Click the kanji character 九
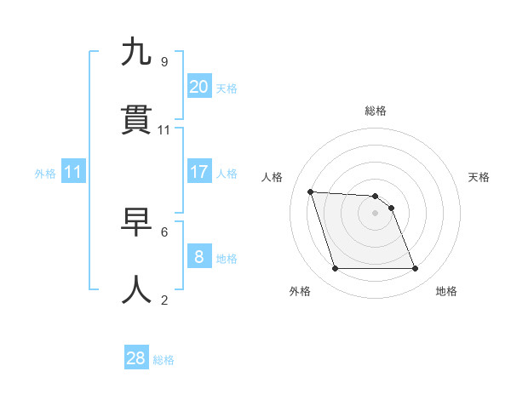pyautogui.click(x=136, y=53)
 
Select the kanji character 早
pyautogui.click(x=136, y=223)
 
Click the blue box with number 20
pyautogui.click(x=198, y=87)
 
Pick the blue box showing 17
pyautogui.click(x=198, y=172)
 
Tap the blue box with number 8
pyautogui.click(x=198, y=257)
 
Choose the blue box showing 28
pyautogui.click(x=135, y=358)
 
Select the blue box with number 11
pyautogui.click(x=72, y=172)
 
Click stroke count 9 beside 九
pyautogui.click(x=164, y=61)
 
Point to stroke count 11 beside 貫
pyautogui.click(x=164, y=129)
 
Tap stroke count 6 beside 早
pyautogui.click(x=164, y=231)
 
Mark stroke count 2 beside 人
pyautogui.click(x=164, y=300)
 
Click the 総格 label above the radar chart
pyautogui.click(x=376, y=111)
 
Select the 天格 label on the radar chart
pyautogui.click(x=479, y=177)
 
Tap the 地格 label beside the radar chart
pyautogui.click(x=446, y=291)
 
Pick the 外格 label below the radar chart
pyautogui.click(x=300, y=291)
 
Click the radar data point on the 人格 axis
pyautogui.click(x=311, y=191)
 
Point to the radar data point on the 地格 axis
pyautogui.click(x=415, y=269)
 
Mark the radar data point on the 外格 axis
pyautogui.click(x=335, y=269)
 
